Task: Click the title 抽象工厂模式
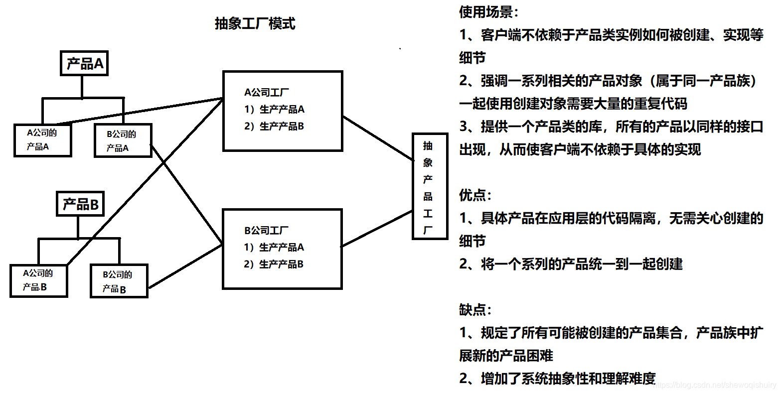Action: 255,23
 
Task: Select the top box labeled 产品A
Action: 84,63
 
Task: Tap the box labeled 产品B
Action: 80,204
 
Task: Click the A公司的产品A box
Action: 42,140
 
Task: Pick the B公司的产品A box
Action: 123,141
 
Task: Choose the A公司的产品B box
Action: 38,280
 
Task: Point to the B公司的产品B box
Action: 119,281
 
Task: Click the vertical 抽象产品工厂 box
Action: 429,186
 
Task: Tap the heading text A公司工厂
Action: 266,93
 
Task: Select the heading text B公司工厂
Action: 266,231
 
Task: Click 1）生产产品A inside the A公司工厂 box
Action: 274,110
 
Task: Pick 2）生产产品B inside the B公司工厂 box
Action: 274,264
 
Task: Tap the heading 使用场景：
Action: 489,12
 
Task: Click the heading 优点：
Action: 475,195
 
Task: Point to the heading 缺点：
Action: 475,310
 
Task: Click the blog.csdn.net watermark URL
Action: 715,385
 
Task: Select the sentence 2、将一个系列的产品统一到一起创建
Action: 571,264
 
